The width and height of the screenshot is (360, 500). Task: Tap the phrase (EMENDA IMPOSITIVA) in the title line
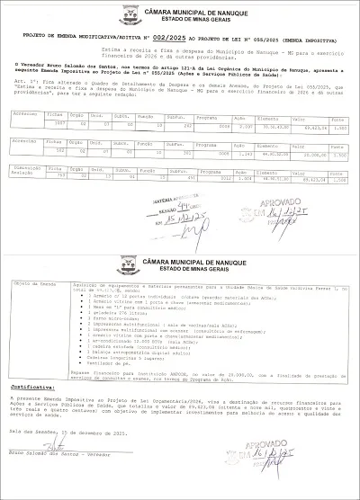[307, 36]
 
